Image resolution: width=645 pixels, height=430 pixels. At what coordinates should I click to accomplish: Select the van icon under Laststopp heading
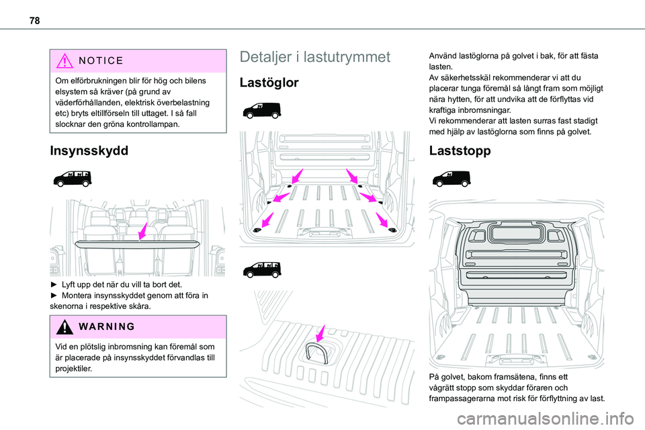451,179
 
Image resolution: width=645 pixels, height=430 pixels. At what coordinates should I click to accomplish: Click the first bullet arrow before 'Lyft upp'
53,285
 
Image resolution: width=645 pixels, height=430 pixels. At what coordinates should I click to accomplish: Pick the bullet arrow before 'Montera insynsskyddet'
53,296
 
